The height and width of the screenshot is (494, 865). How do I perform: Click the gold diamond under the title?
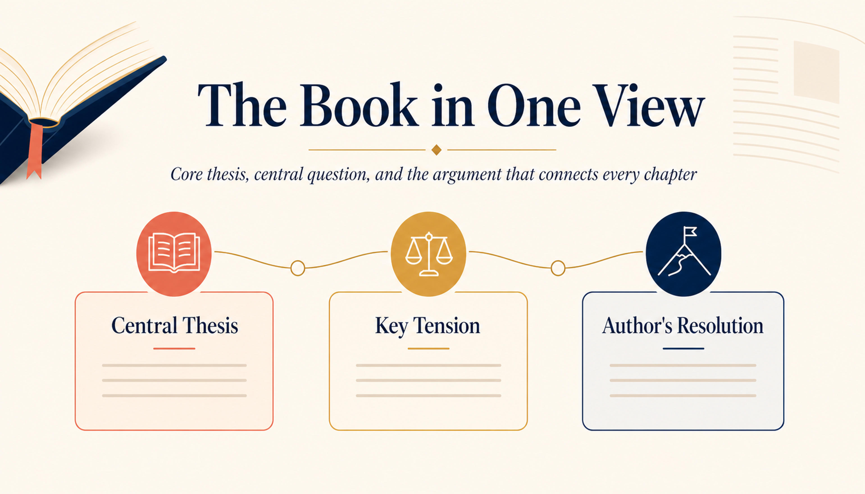pyautogui.click(x=436, y=150)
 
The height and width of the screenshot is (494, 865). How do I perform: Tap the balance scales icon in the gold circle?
pyautogui.click(x=429, y=254)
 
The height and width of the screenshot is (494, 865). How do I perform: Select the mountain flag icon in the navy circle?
pyautogui.click(x=684, y=252)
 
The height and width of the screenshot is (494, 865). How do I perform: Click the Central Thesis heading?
pyautogui.click(x=174, y=326)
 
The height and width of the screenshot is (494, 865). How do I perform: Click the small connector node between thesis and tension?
pyautogui.click(x=298, y=268)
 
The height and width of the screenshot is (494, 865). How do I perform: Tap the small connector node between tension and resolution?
pyautogui.click(x=558, y=268)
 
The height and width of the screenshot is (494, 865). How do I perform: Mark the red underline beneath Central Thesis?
pyautogui.click(x=174, y=349)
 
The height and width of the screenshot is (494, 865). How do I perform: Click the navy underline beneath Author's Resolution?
pyautogui.click(x=683, y=349)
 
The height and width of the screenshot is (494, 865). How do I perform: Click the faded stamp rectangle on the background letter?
pyautogui.click(x=816, y=72)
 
